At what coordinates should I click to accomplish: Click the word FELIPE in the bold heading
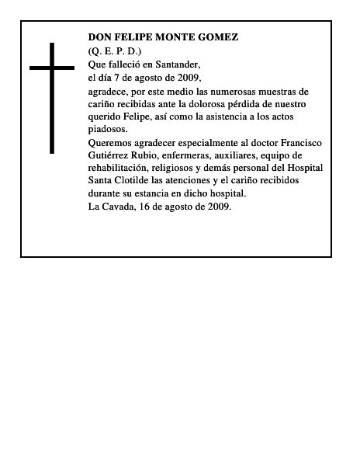[137, 37]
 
